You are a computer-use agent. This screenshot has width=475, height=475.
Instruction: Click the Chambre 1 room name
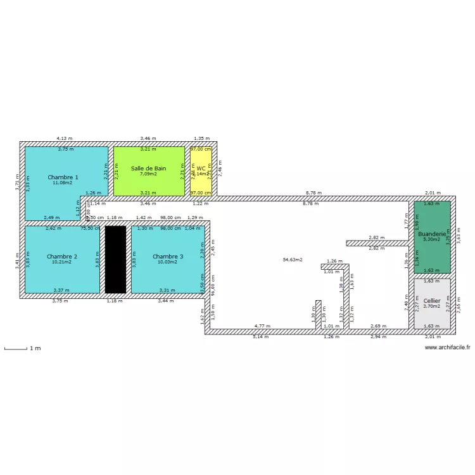[63, 177]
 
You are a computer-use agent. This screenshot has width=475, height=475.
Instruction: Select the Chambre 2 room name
[62, 256]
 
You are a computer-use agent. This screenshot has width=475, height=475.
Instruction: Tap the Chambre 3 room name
[168, 256]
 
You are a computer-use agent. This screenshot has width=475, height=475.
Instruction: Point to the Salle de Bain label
[149, 168]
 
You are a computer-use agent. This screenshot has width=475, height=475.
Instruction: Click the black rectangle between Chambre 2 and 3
[115, 260]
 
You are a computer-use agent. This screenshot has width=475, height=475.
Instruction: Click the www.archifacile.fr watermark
[447, 347]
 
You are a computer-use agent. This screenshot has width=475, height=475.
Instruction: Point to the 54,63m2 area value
[293, 260]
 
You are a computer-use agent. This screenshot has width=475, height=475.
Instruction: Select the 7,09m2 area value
[149, 174]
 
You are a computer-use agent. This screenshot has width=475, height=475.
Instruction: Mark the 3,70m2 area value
[432, 306]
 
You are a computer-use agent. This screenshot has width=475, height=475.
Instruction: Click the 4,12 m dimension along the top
[65, 137]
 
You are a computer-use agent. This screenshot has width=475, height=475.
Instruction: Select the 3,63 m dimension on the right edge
[459, 233]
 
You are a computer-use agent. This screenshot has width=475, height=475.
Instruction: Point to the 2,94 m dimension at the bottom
[378, 336]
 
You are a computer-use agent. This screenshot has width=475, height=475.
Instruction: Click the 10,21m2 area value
[62, 262]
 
